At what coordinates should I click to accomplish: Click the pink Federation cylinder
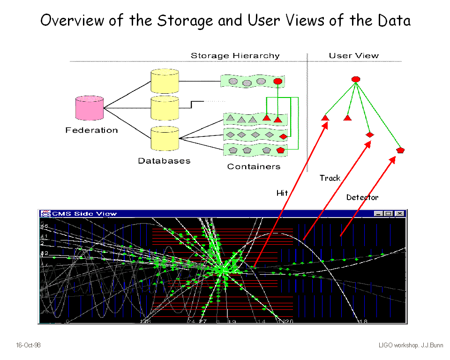(90, 108)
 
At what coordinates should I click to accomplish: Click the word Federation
(91, 130)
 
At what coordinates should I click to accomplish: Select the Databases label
(164, 161)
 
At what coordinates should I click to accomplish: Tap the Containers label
(254, 166)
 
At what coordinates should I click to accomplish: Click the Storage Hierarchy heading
(235, 56)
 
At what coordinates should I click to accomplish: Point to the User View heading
(353, 56)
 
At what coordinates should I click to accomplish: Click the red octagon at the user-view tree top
(355, 79)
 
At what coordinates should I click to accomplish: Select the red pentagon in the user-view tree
(400, 150)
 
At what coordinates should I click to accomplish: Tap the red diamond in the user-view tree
(370, 135)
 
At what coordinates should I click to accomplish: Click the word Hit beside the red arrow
(282, 193)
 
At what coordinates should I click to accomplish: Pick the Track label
(330, 178)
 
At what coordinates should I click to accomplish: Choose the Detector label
(362, 197)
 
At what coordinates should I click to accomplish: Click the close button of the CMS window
(399, 214)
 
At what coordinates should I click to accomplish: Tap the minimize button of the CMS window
(379, 214)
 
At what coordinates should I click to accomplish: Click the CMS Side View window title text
(84, 214)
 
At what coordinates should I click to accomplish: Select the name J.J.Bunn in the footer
(432, 345)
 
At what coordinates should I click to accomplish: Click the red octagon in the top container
(277, 81)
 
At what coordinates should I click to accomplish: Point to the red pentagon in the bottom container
(280, 150)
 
